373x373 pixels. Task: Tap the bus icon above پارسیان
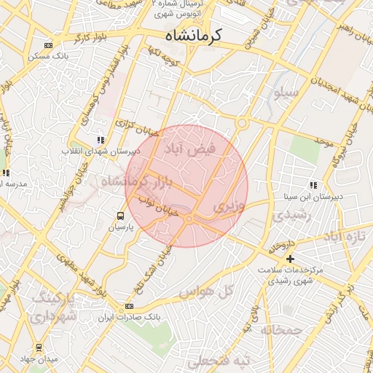[120, 216]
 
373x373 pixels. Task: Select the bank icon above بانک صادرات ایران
[130, 306]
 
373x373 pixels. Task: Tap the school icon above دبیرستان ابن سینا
[313, 185]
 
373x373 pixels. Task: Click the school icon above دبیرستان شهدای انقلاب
[101, 139]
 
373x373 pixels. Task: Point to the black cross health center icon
[290, 259]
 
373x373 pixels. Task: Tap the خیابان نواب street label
[153, 207]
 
